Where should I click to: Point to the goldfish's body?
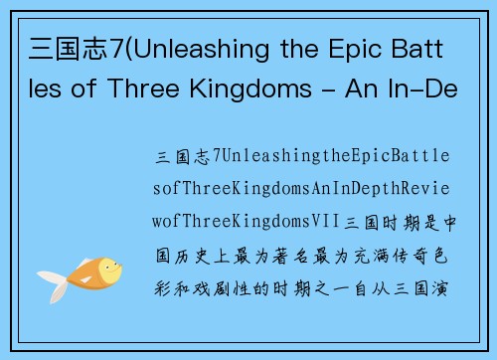coord(83,273)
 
